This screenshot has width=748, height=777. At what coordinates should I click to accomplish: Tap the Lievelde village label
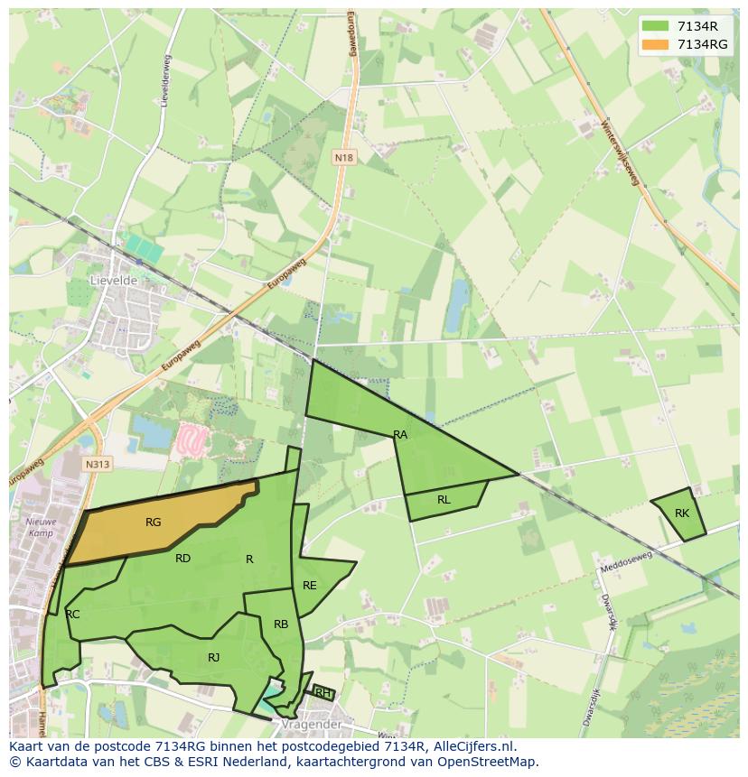pos(113,281)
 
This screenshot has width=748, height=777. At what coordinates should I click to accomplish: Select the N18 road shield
pos(343,158)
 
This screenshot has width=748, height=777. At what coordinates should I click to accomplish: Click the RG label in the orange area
pos(154,523)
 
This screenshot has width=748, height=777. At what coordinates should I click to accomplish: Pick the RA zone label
pos(400,435)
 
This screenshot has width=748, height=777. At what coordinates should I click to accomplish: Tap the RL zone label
pos(444,500)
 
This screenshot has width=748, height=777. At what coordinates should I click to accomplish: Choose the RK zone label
pos(682,513)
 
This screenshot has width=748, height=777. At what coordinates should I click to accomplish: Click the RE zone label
pos(310,586)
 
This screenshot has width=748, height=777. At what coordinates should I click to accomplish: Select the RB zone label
pos(281,624)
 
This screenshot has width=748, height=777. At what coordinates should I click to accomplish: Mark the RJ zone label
pos(213,658)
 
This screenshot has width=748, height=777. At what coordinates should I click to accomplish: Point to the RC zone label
pos(73,615)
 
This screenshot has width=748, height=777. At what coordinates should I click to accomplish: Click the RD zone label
pos(182,559)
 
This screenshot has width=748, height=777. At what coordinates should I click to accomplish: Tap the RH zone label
pos(322,693)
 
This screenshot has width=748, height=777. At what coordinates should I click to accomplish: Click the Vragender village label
pos(310,725)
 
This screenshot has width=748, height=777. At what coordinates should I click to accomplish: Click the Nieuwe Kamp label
pos(41,527)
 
